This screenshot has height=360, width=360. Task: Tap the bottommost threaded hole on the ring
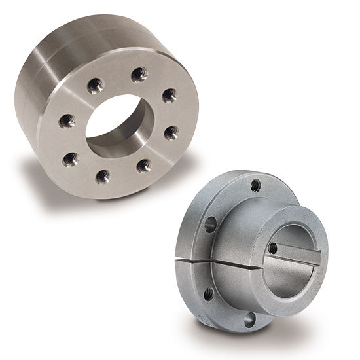103,176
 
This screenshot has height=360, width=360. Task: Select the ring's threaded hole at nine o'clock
67,120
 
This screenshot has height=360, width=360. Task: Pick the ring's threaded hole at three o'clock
171,133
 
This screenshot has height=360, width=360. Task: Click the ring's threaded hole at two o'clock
170,96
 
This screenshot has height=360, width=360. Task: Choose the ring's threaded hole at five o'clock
144,166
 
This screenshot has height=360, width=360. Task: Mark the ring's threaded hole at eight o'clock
71,158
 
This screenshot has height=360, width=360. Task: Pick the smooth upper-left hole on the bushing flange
210,225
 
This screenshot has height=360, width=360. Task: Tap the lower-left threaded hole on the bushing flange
208,294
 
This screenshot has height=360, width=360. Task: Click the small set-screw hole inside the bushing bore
273,247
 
